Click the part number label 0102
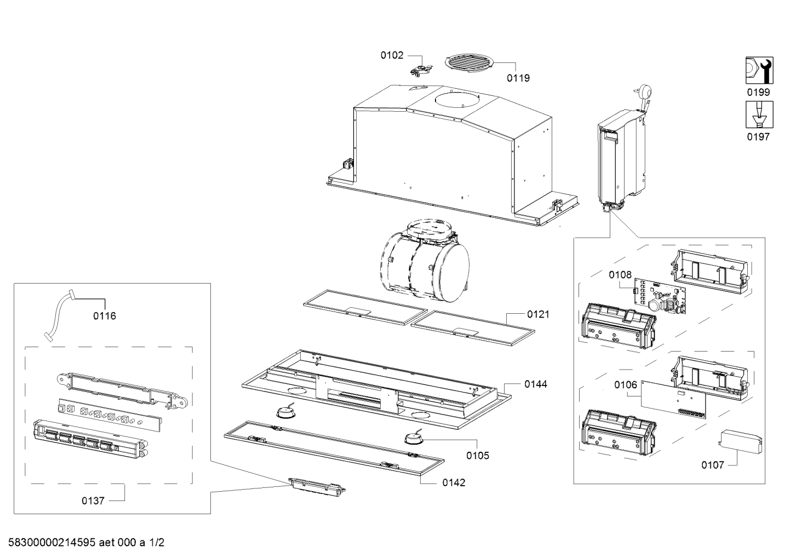point(392,55)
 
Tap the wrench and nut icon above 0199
point(758,71)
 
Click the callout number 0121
point(538,314)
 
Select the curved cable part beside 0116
point(59,317)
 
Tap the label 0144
point(535,384)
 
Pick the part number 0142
point(454,482)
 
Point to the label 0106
point(626,385)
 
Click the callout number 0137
point(93,501)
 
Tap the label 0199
point(758,92)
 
